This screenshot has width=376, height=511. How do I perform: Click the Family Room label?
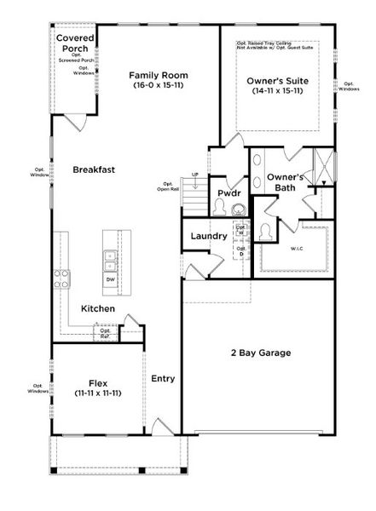(159, 74)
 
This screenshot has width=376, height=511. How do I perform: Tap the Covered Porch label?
(75, 43)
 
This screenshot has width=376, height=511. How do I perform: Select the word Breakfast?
(94, 169)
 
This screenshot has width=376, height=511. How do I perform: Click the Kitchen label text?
(98, 308)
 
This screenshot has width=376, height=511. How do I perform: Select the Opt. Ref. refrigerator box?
(105, 333)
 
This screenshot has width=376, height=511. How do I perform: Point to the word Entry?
(163, 378)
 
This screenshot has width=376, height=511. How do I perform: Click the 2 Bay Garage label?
(261, 353)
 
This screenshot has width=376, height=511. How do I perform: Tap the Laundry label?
(208, 236)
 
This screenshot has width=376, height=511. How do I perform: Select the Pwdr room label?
(228, 193)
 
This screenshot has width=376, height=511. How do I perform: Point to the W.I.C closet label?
(296, 250)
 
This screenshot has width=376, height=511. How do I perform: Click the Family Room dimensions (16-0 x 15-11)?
(159, 85)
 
